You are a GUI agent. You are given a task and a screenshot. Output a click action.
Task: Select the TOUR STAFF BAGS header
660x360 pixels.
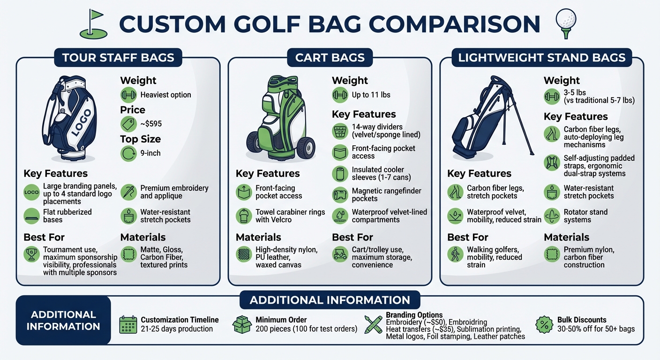pos(118,58)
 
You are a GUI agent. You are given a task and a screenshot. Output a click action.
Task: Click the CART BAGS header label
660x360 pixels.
pos(330,58)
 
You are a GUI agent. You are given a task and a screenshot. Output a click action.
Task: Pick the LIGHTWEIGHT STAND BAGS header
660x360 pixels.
pos(542,58)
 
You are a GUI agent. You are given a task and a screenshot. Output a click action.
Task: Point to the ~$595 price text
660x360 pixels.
pos(151,124)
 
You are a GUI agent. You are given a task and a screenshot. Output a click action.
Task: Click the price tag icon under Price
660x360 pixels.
pos(128,124)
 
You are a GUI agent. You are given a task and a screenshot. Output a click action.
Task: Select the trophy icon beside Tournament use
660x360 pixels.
pos(31,254)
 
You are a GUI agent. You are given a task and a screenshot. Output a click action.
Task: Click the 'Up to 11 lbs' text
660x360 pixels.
pos(371,95)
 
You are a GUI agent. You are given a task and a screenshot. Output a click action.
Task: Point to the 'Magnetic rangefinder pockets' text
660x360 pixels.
pos(386,195)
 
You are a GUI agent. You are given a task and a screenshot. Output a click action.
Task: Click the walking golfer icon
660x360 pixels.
pos(455,254)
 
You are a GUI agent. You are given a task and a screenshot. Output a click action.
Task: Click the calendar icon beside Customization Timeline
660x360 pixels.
pos(128,324)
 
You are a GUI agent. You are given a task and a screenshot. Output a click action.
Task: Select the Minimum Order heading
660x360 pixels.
pos(281,320)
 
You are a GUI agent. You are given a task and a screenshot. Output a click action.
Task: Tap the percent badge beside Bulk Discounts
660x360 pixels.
pos(544,324)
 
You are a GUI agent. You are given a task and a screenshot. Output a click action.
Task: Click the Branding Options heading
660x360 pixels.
pos(414,315)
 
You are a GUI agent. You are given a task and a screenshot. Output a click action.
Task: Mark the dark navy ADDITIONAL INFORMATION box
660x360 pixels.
pos(63,321)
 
